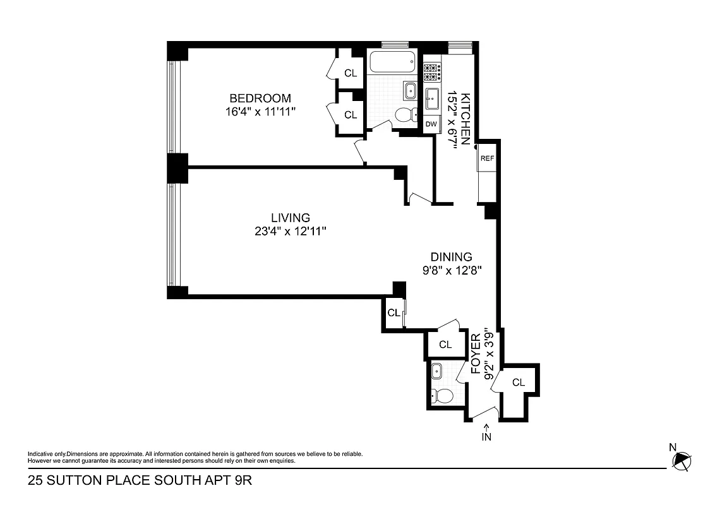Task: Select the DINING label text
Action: (451, 257)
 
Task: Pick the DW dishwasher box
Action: (431, 124)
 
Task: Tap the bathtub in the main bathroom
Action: (392, 63)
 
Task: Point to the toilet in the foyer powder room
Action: (443, 396)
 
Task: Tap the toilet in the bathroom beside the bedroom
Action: (404, 115)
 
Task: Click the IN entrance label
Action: (486, 435)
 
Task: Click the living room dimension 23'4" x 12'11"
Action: (290, 232)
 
